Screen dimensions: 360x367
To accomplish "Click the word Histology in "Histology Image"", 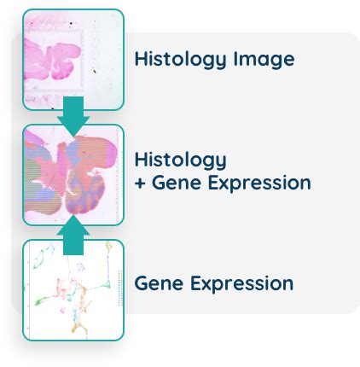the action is click(x=180, y=60).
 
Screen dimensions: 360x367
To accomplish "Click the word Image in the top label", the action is click(x=264, y=60).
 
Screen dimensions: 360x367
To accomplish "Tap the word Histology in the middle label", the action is click(x=180, y=160).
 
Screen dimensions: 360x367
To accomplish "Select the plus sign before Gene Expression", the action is click(x=140, y=183).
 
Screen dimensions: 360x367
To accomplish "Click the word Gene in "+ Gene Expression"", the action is click(x=177, y=183).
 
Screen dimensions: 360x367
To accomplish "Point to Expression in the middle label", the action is click(x=259, y=183).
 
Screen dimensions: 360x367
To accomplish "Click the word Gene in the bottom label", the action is click(x=159, y=283).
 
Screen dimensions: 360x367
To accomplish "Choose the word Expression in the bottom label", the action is click(x=241, y=284).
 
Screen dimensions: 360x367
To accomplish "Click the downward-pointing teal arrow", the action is click(x=73, y=116).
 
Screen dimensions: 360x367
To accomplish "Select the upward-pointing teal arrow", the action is click(x=73, y=235).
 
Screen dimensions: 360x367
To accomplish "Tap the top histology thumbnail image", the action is click(x=73, y=60).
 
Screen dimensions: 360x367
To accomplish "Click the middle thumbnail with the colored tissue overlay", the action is click(x=73, y=175).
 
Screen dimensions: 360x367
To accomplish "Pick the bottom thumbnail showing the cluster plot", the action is click(x=73, y=290).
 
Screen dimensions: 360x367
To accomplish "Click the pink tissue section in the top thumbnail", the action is click(x=51, y=61).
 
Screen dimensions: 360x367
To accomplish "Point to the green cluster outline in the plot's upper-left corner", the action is click(x=44, y=257).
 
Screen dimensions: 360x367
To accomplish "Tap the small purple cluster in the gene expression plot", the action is click(x=81, y=267).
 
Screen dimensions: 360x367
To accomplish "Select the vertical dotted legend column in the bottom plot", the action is click(x=120, y=288).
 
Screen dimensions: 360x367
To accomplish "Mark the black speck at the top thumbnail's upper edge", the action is click(x=71, y=24).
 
